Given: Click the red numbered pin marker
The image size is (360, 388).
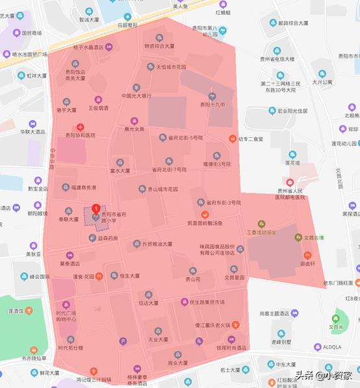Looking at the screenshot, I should (96, 209).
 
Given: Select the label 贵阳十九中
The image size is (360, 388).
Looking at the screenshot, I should (212, 104).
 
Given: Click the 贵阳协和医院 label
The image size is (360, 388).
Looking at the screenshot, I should (80, 135).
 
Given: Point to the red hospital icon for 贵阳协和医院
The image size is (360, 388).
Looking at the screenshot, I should (80, 127).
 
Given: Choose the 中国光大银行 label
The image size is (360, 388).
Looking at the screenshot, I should (136, 96).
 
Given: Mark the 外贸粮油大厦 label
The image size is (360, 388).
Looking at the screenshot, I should (153, 244).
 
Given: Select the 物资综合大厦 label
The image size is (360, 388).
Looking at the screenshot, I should (159, 46).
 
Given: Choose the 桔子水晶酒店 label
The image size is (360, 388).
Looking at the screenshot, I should (88, 47).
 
